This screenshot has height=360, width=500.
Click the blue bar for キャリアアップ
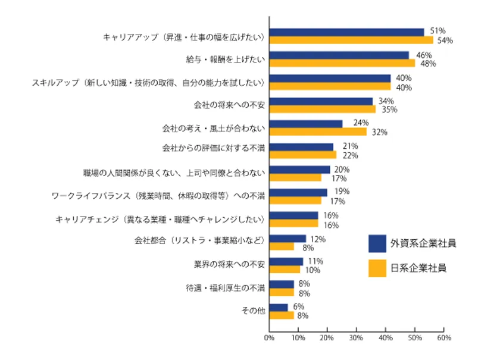[346, 32]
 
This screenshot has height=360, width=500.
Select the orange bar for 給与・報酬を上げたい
[342, 63]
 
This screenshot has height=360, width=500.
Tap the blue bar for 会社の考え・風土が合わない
[306, 124]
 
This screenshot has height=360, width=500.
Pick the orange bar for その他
[282, 315]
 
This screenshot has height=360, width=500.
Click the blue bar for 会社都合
[287, 239]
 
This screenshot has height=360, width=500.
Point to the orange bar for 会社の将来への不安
[322, 109]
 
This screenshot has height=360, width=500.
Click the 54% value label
[445, 40]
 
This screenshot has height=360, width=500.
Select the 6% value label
[299, 306]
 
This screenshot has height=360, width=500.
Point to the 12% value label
[317, 239]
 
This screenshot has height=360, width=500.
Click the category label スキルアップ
[148, 82]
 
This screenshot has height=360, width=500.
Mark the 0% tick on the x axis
[269, 338]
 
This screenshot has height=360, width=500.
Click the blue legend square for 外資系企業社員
[377, 243]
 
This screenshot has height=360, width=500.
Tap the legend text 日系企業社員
[418, 268]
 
